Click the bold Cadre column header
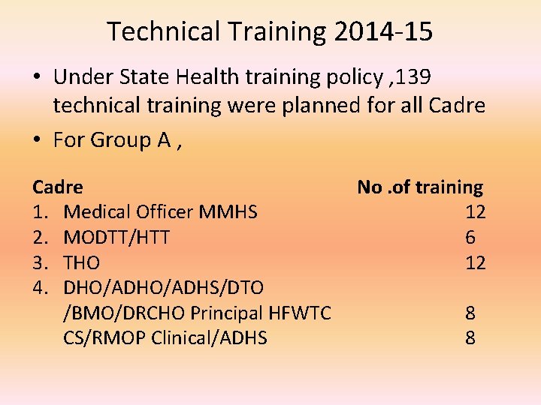coord(58,187)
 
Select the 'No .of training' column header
coord(420,187)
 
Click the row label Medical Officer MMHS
coord(160,212)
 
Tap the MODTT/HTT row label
coord(116,238)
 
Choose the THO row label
coord(82,263)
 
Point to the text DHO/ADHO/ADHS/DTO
coord(163,288)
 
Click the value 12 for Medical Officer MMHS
coord(475,212)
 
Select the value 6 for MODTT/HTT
coord(470,238)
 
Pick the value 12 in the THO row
coord(475,263)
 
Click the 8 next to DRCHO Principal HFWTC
coord(470,313)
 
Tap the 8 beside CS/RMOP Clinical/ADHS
coord(470,338)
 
